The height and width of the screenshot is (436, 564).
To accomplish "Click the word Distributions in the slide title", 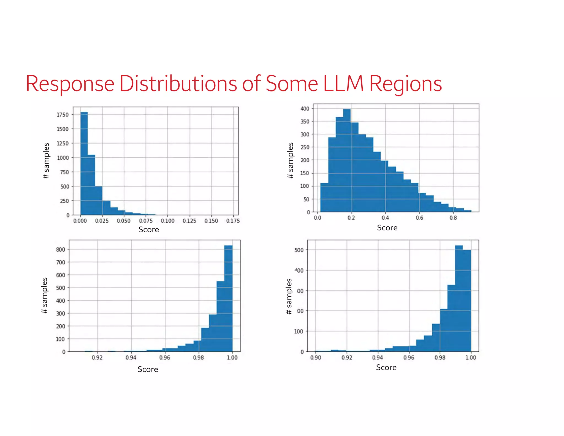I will [x=178, y=84].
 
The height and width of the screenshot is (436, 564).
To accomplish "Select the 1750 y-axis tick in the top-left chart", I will [x=63, y=115].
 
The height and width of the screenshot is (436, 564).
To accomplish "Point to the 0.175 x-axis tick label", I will [x=233, y=221].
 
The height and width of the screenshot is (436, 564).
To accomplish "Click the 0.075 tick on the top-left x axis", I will [x=146, y=221].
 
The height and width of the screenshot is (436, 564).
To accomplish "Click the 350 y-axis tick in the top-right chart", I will [x=305, y=122].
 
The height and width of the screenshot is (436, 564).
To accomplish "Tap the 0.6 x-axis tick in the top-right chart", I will [x=419, y=218].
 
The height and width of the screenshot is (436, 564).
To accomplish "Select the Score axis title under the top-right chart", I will [x=387, y=228].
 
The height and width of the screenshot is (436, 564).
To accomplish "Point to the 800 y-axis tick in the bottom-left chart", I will [x=61, y=249].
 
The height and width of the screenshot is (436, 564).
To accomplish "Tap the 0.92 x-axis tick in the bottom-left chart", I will [x=97, y=357].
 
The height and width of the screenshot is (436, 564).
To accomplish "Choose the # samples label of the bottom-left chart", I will [x=44, y=295].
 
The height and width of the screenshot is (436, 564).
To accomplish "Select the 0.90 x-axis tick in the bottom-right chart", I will [x=316, y=357].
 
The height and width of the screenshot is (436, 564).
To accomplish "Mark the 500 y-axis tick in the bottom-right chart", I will [x=299, y=250].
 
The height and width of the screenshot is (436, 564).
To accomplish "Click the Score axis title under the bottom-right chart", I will [x=386, y=367].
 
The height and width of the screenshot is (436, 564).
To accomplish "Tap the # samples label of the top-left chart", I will [x=46, y=161].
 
